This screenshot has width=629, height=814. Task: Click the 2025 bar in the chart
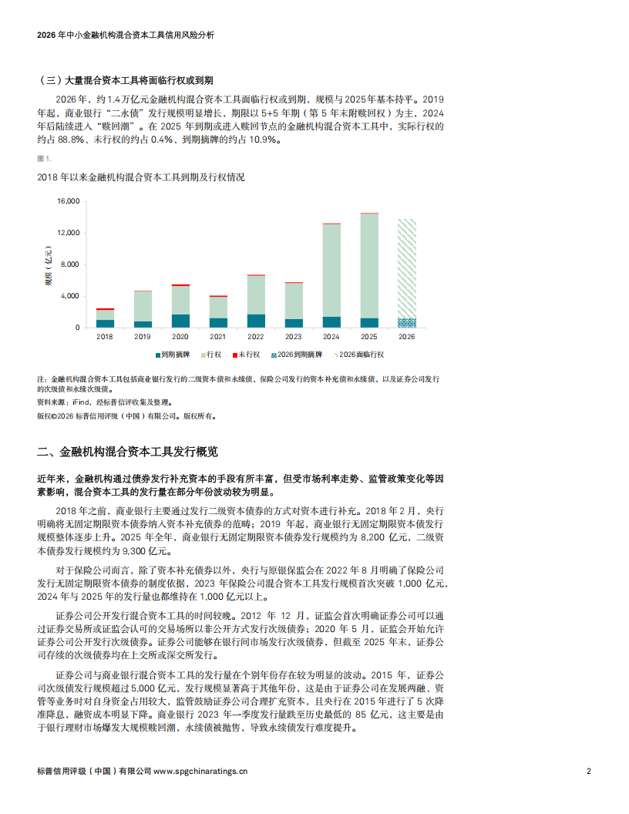[369, 270]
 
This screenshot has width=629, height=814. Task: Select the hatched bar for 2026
[406, 270]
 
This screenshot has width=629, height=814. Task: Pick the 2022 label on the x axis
[256, 337]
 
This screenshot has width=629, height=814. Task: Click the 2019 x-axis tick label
[143, 337]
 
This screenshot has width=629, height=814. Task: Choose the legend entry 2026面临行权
[361, 355]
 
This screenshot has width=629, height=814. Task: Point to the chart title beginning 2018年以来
[141, 177]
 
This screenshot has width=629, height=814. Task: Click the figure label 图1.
[44, 158]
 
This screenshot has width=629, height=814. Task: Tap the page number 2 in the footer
[589, 770]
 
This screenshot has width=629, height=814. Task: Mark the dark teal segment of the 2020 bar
[180, 321]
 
